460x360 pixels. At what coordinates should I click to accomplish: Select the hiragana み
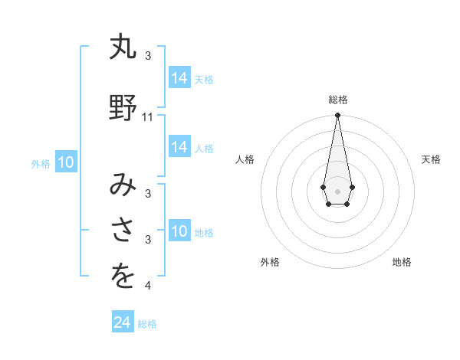click(x=123, y=185)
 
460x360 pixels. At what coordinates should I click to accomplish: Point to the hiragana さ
click(x=123, y=231)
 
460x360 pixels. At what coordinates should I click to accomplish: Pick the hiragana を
click(x=123, y=277)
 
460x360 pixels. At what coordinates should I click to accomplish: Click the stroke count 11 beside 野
click(x=148, y=117)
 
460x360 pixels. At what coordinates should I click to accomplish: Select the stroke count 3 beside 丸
click(x=148, y=56)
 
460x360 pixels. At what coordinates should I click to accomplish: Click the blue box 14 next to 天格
click(x=179, y=78)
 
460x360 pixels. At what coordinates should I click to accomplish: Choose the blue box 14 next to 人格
click(x=179, y=147)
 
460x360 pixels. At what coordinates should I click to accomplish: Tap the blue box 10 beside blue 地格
click(x=179, y=231)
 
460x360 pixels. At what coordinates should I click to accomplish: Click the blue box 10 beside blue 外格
click(x=66, y=162)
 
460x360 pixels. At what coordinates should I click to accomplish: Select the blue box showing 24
click(x=123, y=322)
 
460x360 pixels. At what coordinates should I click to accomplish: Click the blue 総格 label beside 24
click(x=147, y=324)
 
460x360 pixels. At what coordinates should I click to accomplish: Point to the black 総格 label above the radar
click(x=338, y=100)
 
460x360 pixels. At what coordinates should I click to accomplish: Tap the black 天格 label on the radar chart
click(x=431, y=159)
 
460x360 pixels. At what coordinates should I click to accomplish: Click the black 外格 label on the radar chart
click(x=270, y=262)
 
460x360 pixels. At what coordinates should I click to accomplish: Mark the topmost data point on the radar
click(x=337, y=116)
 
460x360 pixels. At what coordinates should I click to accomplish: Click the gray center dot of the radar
click(x=337, y=190)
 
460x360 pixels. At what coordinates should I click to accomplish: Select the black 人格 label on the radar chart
click(x=245, y=159)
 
